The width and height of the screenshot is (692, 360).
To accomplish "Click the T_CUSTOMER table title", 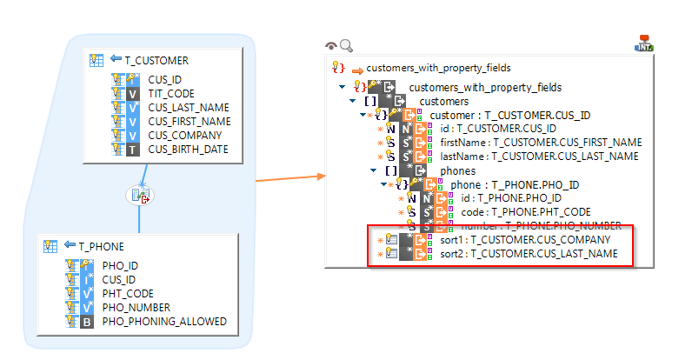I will (x=156, y=60).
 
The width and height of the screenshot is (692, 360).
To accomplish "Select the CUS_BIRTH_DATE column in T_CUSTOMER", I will (x=188, y=150).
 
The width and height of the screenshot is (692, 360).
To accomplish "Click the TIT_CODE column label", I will (x=170, y=94).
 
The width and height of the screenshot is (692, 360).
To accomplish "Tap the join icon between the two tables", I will (x=139, y=195).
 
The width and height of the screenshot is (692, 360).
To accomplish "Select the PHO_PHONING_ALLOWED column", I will (x=163, y=322).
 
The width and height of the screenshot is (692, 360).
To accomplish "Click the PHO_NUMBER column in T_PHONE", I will (x=136, y=308).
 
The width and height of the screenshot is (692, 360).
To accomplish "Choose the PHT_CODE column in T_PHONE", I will (x=130, y=294).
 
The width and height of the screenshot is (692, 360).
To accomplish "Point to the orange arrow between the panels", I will (x=290, y=177).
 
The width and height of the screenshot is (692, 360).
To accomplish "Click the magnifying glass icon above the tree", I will (x=346, y=46).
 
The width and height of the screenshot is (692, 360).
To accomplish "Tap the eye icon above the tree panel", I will (x=331, y=46).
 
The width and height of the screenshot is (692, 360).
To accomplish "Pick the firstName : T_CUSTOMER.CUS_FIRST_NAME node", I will (x=540, y=142).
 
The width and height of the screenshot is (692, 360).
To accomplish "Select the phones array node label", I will (x=458, y=170).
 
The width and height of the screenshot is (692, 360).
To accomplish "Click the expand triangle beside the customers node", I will (x=354, y=102).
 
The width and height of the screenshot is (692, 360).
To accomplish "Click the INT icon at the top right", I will (x=645, y=43).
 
